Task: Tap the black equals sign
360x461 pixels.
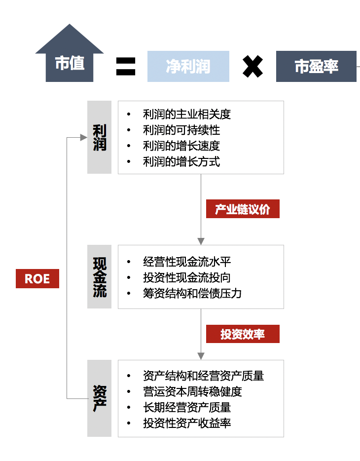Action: [126, 66]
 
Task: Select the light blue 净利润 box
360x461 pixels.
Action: [188, 66]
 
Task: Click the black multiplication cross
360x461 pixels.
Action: [252, 66]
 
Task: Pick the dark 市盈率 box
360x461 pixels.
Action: [316, 66]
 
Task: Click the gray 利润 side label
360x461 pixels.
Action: [100, 137]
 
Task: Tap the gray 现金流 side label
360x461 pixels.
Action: [100, 276]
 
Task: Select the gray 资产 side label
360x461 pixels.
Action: [100, 398]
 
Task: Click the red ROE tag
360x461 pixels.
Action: [37, 278]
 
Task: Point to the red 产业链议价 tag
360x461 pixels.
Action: [243, 209]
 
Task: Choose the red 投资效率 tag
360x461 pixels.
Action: [243, 334]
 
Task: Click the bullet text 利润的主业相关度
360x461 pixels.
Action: [186, 115]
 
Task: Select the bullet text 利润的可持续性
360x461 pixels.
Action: [181, 130]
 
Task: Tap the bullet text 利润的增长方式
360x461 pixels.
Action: [181, 161]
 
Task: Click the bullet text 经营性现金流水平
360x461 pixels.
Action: [186, 262]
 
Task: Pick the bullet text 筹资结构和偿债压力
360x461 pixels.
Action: [192, 293]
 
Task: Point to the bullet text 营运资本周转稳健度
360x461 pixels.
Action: [192, 391]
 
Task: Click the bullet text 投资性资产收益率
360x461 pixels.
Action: [186, 423]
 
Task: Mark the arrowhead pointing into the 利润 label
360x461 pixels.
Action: [84, 138]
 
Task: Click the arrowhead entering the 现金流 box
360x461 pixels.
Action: [201, 241]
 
